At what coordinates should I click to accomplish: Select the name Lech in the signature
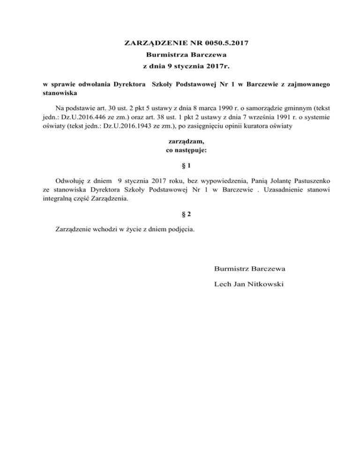click(x=222, y=284)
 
